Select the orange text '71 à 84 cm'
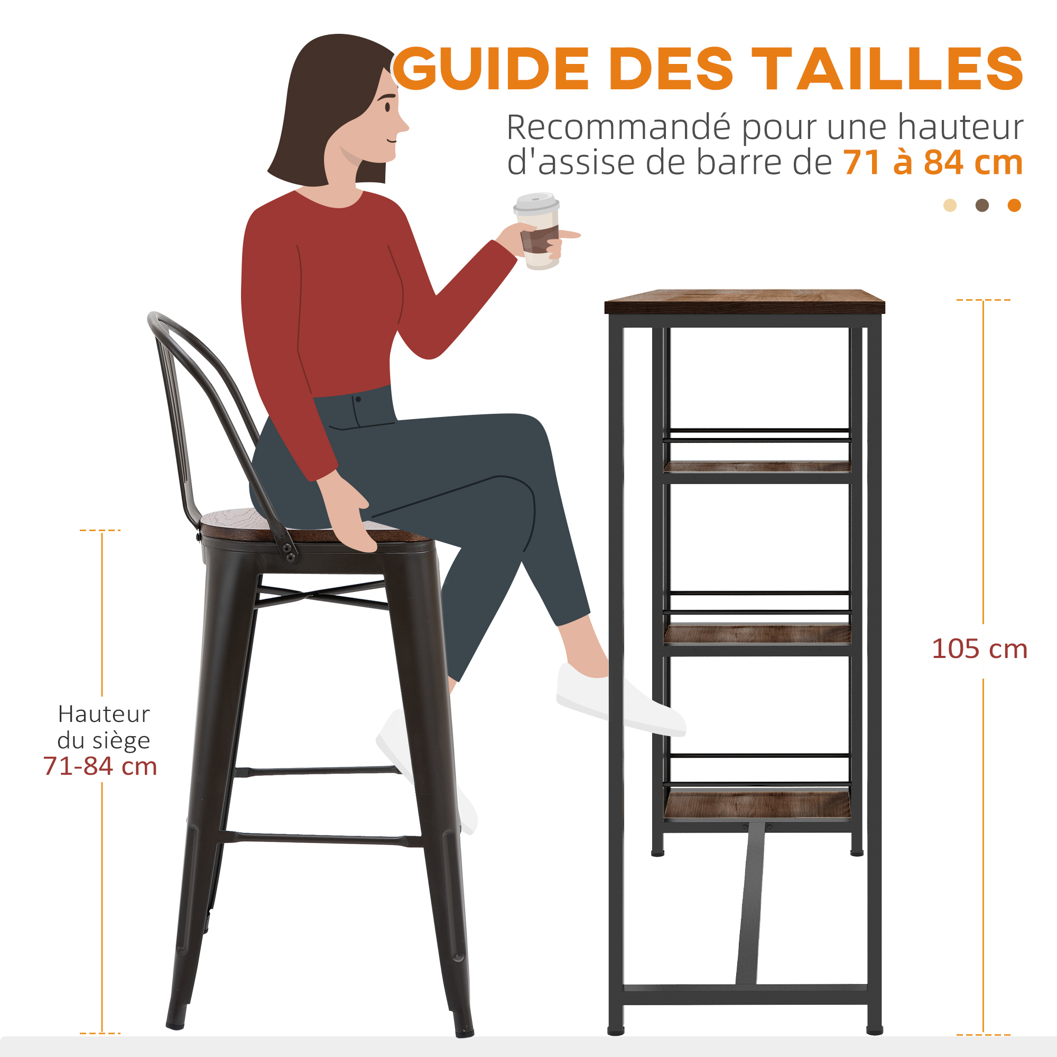[933, 162]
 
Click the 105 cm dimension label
[979, 649]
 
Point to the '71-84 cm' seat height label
[100, 766]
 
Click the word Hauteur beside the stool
[104, 714]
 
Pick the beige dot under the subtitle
[950, 205]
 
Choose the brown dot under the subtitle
[982, 205]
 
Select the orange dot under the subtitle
[1014, 205]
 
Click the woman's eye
[387, 106]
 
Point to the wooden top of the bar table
[745, 301]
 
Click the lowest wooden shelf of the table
[757, 806]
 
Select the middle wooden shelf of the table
[757, 635]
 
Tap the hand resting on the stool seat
[348, 514]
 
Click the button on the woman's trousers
[358, 400]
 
